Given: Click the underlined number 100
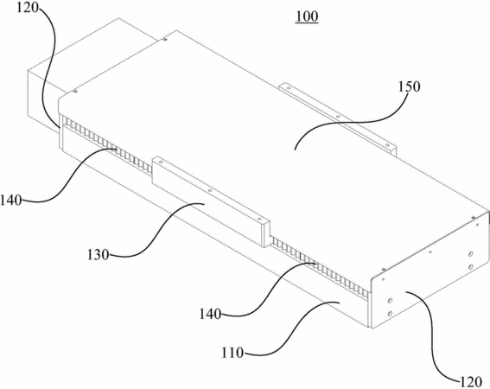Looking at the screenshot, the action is point(307,17).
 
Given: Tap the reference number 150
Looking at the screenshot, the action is point(409,86).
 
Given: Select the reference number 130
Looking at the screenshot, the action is point(98,255).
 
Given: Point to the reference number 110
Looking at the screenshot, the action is point(232,353).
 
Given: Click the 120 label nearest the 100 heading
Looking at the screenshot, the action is point(28,8).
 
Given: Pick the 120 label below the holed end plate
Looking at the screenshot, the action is point(471,382).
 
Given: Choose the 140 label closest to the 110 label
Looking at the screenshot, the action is point(211,314).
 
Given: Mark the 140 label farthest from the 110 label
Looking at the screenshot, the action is point(11,201).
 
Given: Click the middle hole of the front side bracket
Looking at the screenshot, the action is point(210,190).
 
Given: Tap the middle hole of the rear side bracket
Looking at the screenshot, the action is point(338,117).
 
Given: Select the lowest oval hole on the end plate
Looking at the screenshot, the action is point(390,314).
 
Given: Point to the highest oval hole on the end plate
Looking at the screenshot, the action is point(471,254).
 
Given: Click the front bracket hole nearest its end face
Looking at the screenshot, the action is point(259,220).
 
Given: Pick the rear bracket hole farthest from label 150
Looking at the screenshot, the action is point(289,88).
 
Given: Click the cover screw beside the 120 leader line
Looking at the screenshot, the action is point(75,91).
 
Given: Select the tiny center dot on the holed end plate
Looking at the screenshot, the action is point(430,252).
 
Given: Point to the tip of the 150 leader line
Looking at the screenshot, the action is point(294,150).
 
